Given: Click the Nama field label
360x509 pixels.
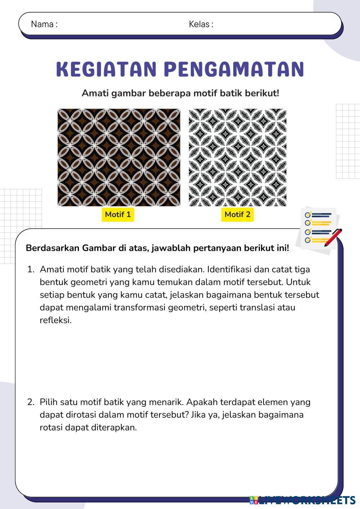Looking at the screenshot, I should click(x=44, y=24).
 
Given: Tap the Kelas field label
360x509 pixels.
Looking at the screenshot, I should click(x=201, y=24).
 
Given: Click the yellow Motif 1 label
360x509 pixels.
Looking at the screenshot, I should click(x=118, y=215).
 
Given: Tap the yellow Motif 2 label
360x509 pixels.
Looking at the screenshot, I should click(x=237, y=215).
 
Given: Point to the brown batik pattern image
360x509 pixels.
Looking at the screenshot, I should click(x=119, y=157).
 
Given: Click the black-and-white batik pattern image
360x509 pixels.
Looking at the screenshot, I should click(x=238, y=157).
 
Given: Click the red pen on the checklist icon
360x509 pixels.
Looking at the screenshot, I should click(x=333, y=237).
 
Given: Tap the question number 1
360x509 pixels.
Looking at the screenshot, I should click(x=31, y=269).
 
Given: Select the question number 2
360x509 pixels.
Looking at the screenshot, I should click(x=31, y=402).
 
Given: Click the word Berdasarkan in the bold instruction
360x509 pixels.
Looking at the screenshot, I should click(x=53, y=248).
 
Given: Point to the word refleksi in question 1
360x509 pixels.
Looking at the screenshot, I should click(x=55, y=320).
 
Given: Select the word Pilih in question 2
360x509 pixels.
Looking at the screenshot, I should click(x=49, y=402).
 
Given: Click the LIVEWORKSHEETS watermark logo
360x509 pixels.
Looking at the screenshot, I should click(x=302, y=500).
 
